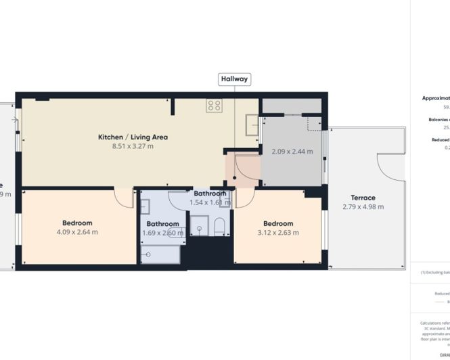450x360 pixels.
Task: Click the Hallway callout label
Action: click(x=234, y=79)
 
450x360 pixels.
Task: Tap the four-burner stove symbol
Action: click(x=215, y=105)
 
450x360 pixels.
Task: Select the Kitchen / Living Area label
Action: click(x=133, y=137)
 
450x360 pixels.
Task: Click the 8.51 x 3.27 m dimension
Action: click(x=133, y=146)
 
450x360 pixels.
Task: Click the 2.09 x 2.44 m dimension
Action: click(x=292, y=152)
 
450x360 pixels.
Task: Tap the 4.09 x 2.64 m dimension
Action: click(x=77, y=232)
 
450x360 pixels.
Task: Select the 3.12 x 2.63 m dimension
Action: click(x=278, y=232)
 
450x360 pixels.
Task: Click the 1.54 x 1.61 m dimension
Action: click(x=210, y=202)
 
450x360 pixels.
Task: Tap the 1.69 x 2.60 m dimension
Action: click(x=163, y=233)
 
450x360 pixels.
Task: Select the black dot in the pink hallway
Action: click(x=234, y=178)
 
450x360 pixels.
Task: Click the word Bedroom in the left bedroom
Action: click(x=77, y=223)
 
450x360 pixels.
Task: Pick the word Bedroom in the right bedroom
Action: click(x=278, y=223)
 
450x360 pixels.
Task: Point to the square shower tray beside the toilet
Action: click(x=198, y=227)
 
